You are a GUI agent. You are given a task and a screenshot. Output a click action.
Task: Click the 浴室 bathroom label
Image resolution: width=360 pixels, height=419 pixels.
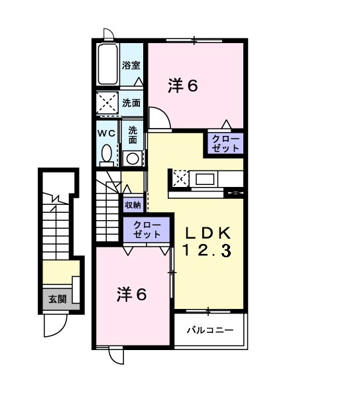[x=131, y=65]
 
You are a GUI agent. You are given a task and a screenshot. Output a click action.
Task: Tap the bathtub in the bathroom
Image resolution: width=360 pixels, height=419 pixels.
[x=107, y=64]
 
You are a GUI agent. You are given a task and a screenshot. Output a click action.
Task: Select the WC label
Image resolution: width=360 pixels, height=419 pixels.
[x=107, y=133]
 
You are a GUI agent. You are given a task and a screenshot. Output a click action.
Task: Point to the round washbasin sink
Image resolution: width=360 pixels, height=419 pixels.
[x=133, y=158]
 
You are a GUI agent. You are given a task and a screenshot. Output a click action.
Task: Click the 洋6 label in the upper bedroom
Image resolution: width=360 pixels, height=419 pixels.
[x=183, y=86]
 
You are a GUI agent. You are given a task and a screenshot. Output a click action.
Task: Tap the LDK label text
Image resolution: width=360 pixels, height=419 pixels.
[x=207, y=233]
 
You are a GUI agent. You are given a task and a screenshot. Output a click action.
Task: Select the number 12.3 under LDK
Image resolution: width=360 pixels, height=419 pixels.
[x=207, y=251]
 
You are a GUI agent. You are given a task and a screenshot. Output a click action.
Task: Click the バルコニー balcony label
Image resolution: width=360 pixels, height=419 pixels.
[x=209, y=329]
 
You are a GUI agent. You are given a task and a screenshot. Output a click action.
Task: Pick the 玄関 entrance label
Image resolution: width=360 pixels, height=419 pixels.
[x=57, y=299]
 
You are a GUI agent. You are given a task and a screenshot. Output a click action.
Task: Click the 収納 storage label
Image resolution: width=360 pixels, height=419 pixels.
[x=133, y=205]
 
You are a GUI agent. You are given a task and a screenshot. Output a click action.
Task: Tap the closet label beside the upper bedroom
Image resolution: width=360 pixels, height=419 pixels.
[x=226, y=143]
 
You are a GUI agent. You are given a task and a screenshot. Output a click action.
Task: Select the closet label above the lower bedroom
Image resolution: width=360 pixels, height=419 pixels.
[x=147, y=229]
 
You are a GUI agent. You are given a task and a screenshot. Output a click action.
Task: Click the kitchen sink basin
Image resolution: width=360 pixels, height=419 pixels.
[x=204, y=178]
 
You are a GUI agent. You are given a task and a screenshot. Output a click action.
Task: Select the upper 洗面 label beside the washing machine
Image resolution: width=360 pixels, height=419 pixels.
[x=131, y=103]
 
